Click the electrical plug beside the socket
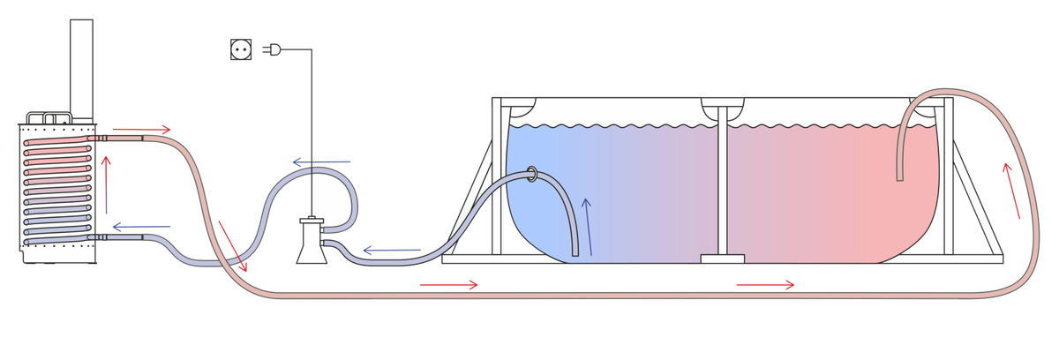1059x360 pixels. point(270,52)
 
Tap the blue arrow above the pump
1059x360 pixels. point(321,161)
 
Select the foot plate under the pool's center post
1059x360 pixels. point(722,259)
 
